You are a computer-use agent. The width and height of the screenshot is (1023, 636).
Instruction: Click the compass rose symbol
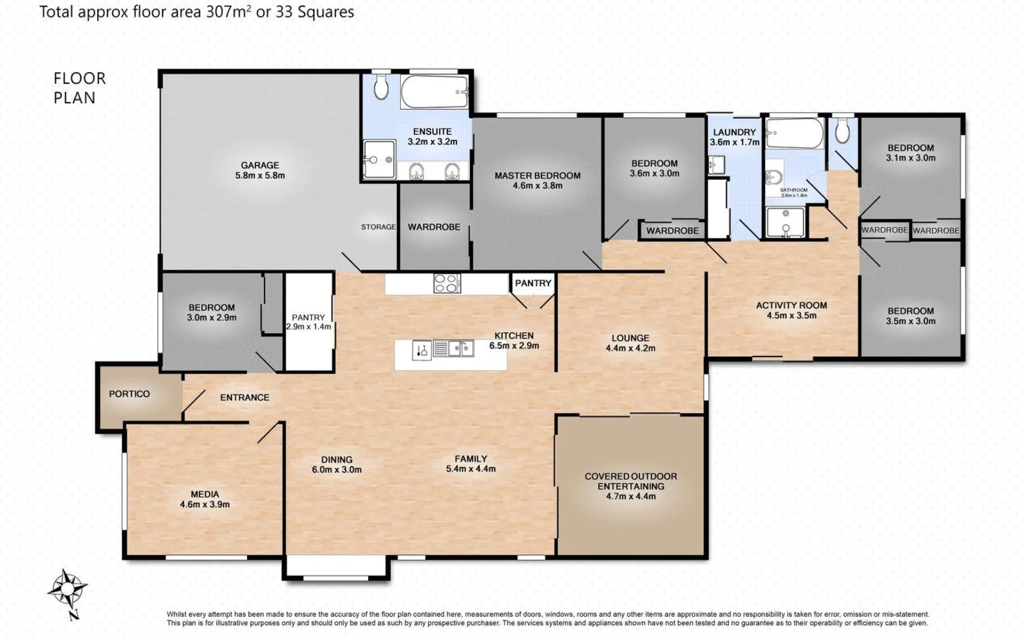click(67, 587)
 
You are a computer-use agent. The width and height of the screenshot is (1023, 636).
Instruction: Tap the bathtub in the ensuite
click(434, 92)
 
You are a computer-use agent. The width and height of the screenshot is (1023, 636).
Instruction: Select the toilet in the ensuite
click(381, 88)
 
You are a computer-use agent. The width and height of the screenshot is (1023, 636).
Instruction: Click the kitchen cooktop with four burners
click(447, 283)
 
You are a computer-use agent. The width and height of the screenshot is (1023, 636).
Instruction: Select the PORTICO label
click(130, 394)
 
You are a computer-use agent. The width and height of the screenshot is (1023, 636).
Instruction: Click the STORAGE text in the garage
click(378, 227)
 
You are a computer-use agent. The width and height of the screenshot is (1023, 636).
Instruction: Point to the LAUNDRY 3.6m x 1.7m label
click(735, 137)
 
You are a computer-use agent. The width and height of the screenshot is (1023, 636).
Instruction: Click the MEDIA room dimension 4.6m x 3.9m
click(205, 505)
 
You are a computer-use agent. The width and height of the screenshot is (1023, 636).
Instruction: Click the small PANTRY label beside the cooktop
click(533, 283)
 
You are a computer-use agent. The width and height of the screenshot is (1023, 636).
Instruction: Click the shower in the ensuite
click(379, 159)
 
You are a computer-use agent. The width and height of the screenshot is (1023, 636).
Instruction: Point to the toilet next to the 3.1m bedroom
click(843, 130)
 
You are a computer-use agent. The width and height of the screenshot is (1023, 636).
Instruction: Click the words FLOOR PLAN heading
click(79, 88)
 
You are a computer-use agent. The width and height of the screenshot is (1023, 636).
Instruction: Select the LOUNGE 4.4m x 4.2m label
click(630, 343)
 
